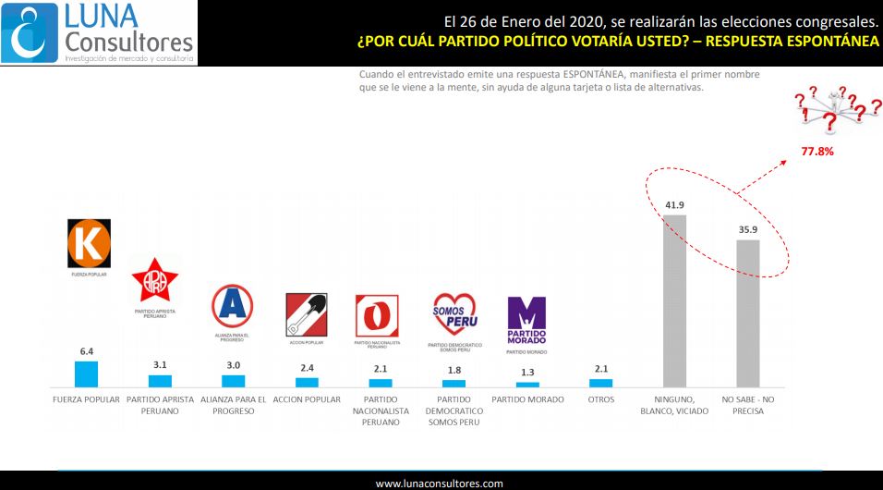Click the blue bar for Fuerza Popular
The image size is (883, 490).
click(86, 373)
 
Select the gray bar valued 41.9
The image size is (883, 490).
click(674, 300)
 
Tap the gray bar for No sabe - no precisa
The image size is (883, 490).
click(747, 312)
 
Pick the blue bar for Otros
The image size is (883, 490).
click(600, 382)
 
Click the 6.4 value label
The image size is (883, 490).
click(86, 351)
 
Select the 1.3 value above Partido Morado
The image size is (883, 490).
click(527, 373)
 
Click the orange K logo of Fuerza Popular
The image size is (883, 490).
click(90, 243)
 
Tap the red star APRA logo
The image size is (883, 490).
click(155, 281)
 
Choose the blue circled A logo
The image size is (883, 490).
click(232, 305)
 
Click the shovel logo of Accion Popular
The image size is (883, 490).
click(307, 314)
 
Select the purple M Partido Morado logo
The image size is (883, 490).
click(526, 320)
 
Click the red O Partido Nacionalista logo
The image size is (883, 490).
click(377, 316)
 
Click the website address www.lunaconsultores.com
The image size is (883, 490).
click(440, 483)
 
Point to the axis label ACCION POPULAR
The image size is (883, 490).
click(307, 400)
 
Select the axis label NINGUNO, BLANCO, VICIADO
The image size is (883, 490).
click(674, 405)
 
